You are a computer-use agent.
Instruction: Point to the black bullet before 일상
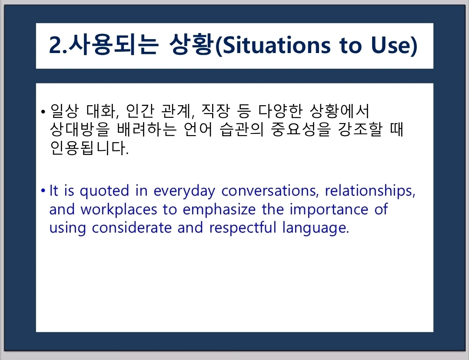(x=43, y=112)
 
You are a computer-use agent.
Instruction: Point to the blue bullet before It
(x=43, y=190)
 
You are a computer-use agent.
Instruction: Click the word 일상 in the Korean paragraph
(x=64, y=111)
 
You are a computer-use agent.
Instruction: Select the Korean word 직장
(x=215, y=111)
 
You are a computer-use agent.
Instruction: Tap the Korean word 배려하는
(x=146, y=129)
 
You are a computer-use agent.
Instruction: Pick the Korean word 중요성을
(x=300, y=129)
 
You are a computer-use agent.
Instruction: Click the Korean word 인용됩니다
(x=89, y=148)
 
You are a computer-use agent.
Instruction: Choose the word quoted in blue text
(x=104, y=191)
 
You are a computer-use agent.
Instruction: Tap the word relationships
(x=370, y=191)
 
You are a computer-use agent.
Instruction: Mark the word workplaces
(x=119, y=210)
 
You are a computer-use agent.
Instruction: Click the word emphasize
(x=219, y=210)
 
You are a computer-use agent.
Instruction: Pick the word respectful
(x=243, y=228)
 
